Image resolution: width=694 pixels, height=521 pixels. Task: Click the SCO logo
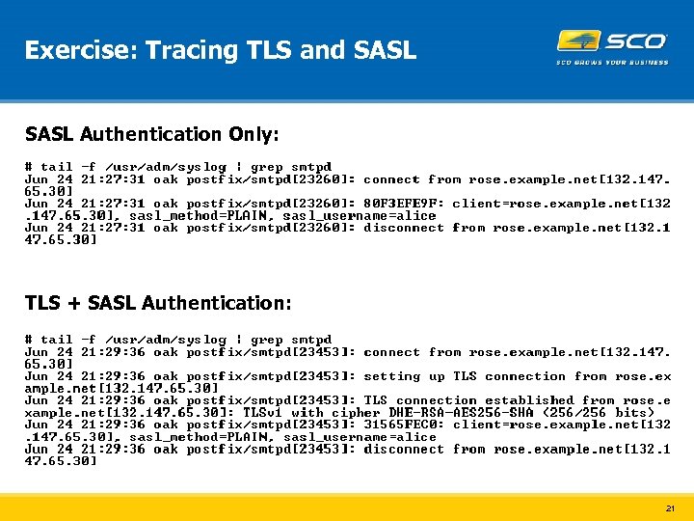(x=612, y=41)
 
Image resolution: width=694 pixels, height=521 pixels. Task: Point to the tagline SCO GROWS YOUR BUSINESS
(x=612, y=63)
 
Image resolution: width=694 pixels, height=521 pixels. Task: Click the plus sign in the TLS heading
(x=72, y=304)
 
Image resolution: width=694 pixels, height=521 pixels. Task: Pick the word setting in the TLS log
(x=391, y=376)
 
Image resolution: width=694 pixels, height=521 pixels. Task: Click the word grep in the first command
(x=267, y=167)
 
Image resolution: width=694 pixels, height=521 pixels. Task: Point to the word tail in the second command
(x=56, y=340)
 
